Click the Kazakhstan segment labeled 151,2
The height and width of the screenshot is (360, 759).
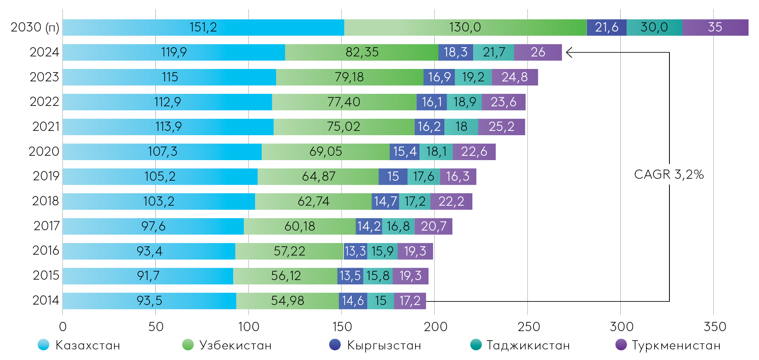tap(203, 27)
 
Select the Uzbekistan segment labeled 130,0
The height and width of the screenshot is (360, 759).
tap(465, 27)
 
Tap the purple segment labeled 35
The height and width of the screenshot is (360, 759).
tap(715, 27)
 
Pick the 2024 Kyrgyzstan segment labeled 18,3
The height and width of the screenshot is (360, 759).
tap(456, 52)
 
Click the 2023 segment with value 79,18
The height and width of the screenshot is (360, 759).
tap(349, 77)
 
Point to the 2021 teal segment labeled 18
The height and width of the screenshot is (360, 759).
tap(461, 127)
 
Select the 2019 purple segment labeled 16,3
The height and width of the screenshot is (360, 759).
tap(458, 176)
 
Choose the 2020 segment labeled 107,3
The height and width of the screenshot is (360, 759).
tap(162, 152)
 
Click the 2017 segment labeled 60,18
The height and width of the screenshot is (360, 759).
tap(299, 226)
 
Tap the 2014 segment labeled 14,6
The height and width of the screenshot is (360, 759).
tap(353, 301)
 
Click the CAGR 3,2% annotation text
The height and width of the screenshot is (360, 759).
tap(669, 175)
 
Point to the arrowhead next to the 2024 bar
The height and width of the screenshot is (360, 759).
tap(569, 52)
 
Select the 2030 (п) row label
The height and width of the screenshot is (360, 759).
tap(35, 27)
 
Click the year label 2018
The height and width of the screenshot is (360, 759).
tap(46, 201)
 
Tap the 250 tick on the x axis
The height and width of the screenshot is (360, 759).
tap(528, 326)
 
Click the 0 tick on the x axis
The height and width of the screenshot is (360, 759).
tap(63, 326)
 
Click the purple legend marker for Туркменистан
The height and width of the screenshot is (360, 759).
tap(621, 345)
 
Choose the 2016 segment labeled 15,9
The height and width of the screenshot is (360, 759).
tap(382, 251)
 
